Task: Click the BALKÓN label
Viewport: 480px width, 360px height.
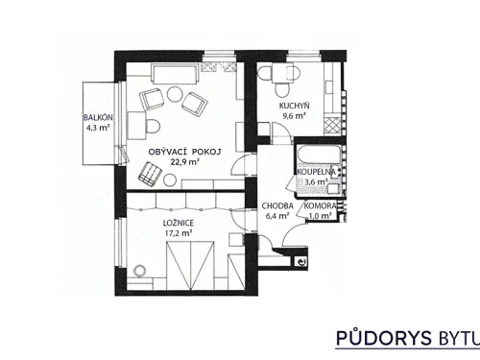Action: coord(99,116)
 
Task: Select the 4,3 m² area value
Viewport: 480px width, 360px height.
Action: coord(99,127)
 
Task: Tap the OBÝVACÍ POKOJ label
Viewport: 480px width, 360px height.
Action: coord(185,152)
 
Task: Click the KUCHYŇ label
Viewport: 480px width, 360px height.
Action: coord(294,105)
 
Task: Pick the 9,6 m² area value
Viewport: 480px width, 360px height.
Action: coord(294,115)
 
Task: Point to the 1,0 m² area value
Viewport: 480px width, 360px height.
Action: coord(320,216)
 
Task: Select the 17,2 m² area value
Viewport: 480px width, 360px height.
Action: coord(179,232)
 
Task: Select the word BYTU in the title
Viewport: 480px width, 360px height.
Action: coord(452,338)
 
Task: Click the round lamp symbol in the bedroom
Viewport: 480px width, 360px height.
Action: coord(143,272)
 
